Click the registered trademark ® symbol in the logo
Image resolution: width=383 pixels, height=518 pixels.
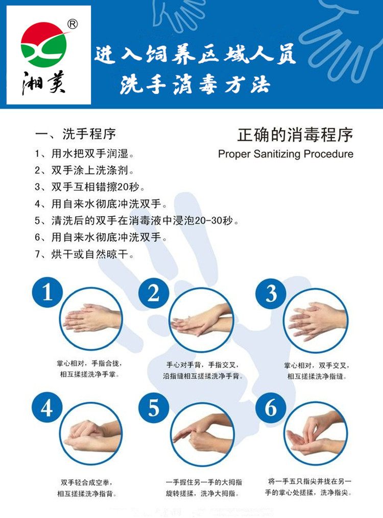(73, 24)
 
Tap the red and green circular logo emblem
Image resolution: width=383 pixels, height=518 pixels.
(44, 44)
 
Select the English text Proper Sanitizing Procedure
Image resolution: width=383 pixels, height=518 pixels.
(285, 154)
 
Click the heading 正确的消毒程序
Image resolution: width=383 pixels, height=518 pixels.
(295, 135)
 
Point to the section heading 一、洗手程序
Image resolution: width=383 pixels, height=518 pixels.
(76, 134)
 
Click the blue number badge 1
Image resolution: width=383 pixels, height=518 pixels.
(47, 292)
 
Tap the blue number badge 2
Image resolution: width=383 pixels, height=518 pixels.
(153, 293)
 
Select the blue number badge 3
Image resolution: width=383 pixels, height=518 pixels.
(271, 293)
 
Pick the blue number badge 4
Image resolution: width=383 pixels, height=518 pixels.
(46, 407)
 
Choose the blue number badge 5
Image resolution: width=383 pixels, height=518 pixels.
(153, 408)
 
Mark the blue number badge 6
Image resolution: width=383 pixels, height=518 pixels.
(271, 407)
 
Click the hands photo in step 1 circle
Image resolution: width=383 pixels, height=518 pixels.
(91, 319)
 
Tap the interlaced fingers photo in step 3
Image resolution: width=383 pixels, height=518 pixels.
(316, 321)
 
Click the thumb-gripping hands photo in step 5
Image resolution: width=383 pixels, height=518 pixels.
(202, 434)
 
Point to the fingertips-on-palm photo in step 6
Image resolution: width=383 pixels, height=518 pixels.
(316, 434)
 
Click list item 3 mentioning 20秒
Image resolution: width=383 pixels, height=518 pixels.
(90, 187)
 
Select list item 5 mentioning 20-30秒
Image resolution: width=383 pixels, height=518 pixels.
(137, 220)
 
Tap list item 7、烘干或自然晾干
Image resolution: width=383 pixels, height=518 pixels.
(84, 254)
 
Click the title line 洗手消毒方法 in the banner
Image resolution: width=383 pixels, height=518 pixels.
(195, 85)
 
